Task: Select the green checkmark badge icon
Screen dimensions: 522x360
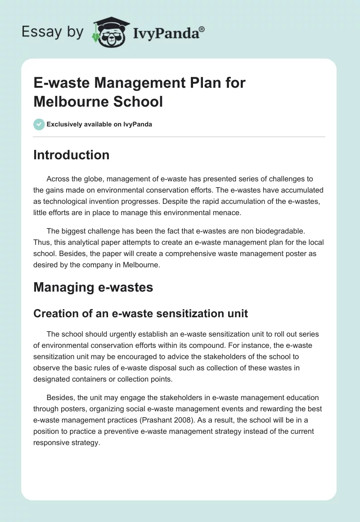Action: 39,124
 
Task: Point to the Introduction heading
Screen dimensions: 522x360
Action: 71,155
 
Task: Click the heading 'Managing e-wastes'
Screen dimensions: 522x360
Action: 93,287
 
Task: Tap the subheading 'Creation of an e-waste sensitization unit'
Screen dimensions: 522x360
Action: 140,313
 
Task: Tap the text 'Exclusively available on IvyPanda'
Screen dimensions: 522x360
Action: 99,124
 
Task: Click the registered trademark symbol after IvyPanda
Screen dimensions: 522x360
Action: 202,29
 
